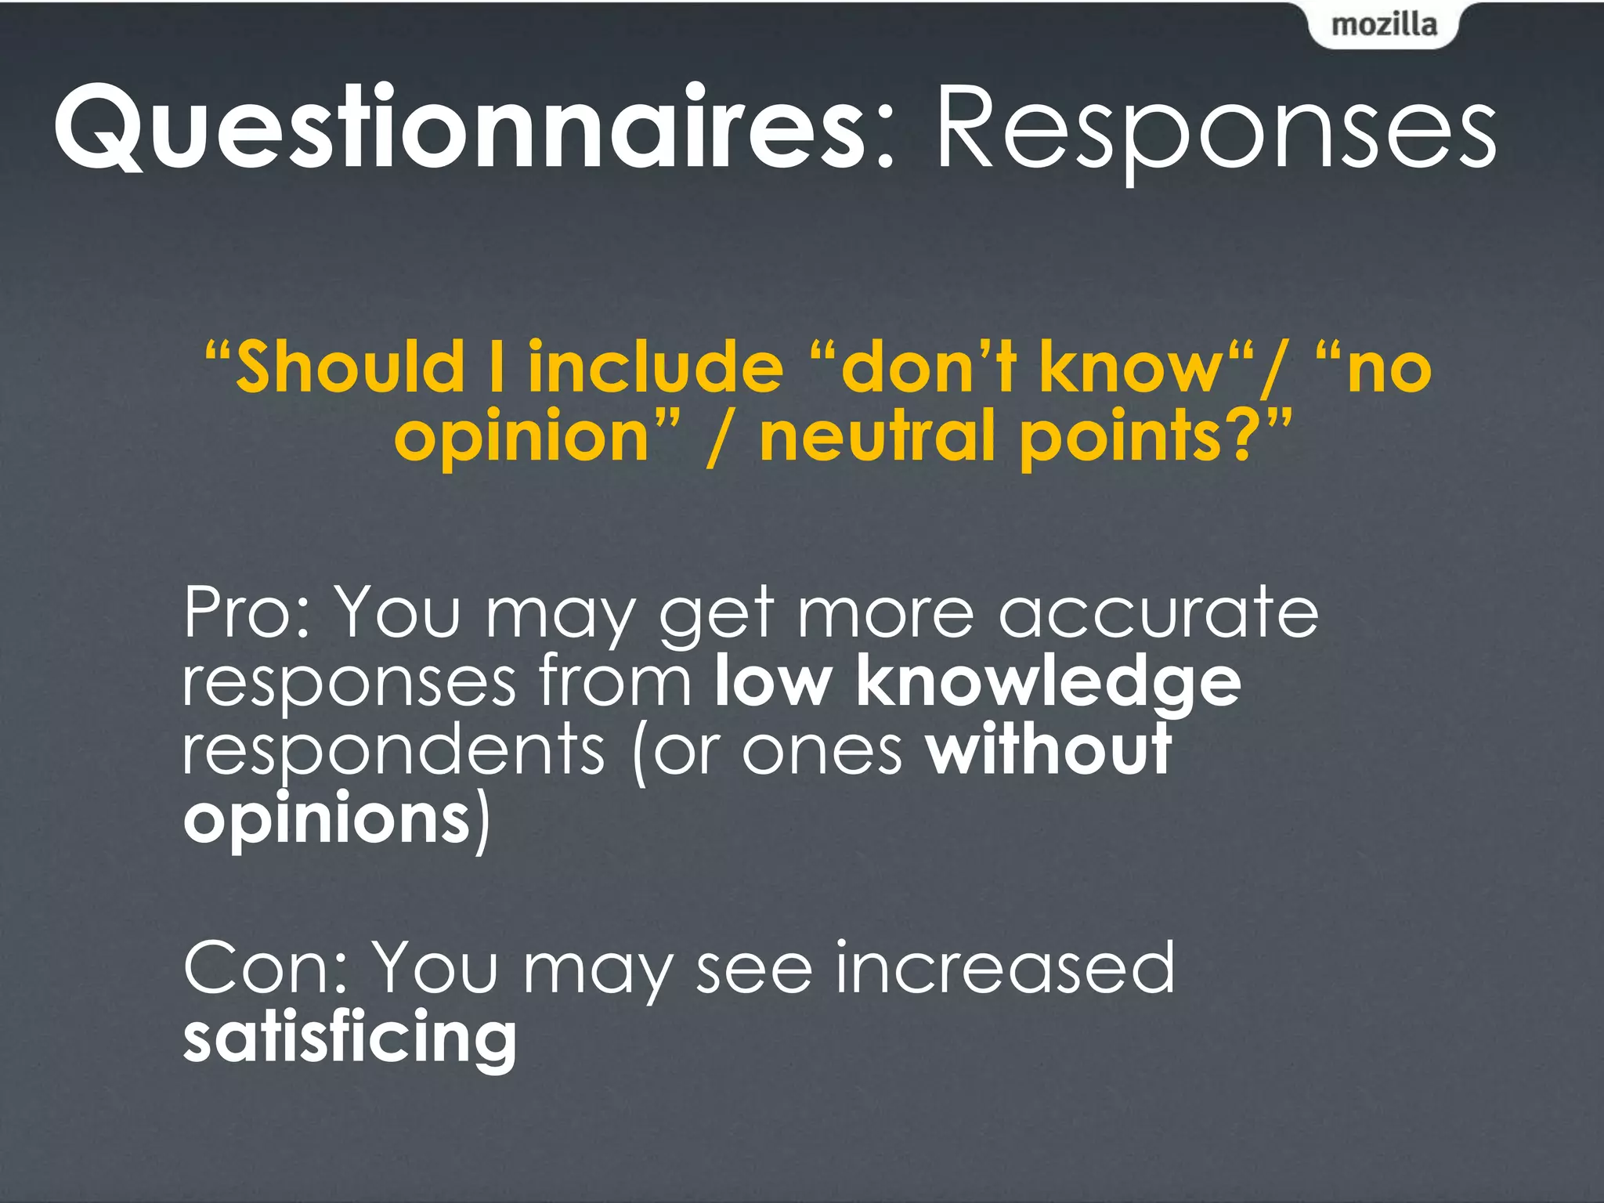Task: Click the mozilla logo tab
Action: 1384,26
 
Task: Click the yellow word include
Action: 656,367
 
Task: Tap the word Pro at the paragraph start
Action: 239,613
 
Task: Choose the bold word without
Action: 1048,750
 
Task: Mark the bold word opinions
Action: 326,821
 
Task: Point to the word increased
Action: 1004,969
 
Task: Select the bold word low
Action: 772,681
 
